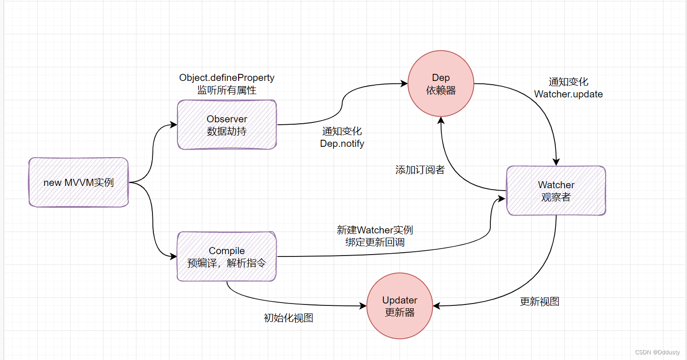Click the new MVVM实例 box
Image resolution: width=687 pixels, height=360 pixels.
(x=79, y=182)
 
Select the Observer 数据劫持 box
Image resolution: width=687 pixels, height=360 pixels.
(x=227, y=125)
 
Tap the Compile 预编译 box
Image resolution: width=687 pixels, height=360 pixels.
(x=227, y=256)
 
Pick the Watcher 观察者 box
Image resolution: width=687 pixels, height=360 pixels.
(x=556, y=191)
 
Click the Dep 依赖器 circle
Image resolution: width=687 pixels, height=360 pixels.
(x=441, y=84)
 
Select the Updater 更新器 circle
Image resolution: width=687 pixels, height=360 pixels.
(x=399, y=306)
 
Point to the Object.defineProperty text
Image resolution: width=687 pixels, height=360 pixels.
(x=227, y=78)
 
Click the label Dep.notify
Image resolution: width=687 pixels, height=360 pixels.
(x=342, y=144)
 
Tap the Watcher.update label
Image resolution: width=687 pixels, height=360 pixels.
(x=568, y=94)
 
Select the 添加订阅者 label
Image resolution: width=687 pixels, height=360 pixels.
(x=420, y=170)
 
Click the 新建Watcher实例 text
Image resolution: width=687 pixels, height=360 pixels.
(x=375, y=230)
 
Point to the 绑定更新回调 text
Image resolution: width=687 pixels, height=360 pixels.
(x=375, y=242)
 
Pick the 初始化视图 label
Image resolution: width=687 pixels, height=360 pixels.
(x=288, y=318)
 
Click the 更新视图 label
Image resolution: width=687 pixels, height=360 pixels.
(x=539, y=302)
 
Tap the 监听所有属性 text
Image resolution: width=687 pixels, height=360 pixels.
(x=227, y=90)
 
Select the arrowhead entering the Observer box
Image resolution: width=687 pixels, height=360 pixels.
(x=174, y=125)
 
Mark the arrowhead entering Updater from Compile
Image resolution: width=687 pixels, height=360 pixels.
(x=363, y=306)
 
